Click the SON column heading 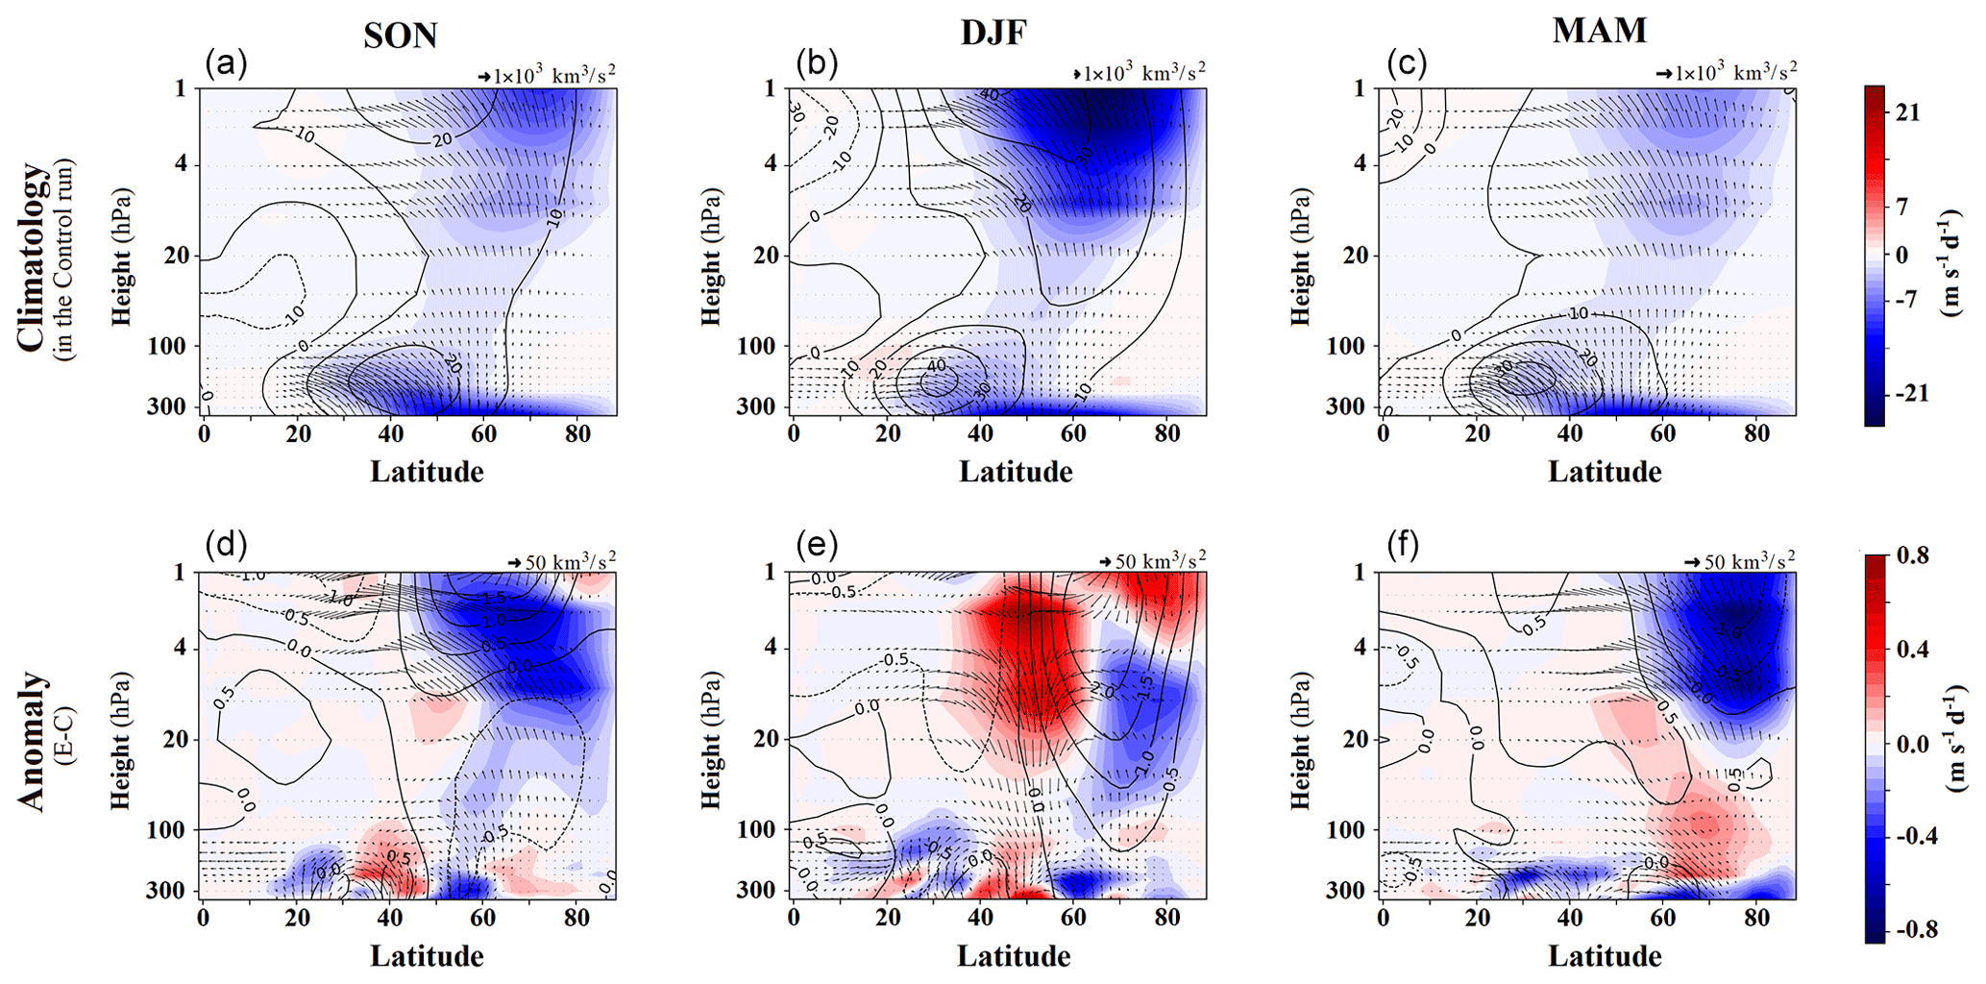[x=401, y=36]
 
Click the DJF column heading [x=993, y=33]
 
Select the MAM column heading [x=1600, y=31]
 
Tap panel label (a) [x=226, y=63]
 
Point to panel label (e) [x=817, y=546]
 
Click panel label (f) [x=1407, y=546]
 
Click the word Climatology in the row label [x=31, y=258]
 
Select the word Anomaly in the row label [x=31, y=741]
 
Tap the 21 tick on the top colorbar [x=1908, y=112]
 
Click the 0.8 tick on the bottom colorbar [x=1912, y=555]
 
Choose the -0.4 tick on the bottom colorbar [x=1916, y=836]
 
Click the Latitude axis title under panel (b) [x=1016, y=472]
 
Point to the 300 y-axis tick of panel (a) [x=167, y=406]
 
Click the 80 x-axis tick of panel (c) [x=1756, y=433]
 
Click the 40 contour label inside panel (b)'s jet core [x=936, y=366]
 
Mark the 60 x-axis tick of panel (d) [x=483, y=918]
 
